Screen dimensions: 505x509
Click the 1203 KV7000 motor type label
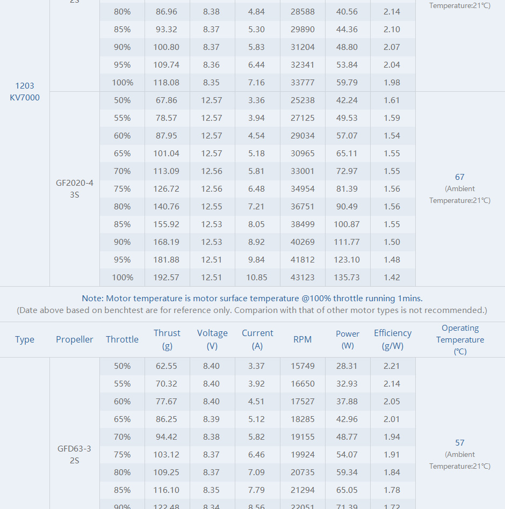click(x=25, y=91)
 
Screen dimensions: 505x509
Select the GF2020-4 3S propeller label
click(x=74, y=188)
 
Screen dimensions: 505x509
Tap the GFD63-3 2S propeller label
click(x=74, y=454)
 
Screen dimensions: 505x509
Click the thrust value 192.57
click(x=167, y=278)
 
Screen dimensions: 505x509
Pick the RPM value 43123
click(x=302, y=278)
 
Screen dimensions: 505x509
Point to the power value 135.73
click(x=347, y=278)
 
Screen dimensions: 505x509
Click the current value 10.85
click(x=257, y=278)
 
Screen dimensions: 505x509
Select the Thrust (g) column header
click(x=167, y=339)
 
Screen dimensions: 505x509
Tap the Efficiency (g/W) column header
click(x=393, y=339)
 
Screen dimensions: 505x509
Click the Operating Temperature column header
click(x=460, y=339)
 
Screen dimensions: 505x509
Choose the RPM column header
click(x=302, y=339)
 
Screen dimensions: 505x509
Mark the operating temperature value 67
click(x=459, y=177)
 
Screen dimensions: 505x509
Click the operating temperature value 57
click(x=459, y=443)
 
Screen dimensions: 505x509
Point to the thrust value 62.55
click(x=167, y=366)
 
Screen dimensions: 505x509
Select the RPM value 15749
click(x=302, y=366)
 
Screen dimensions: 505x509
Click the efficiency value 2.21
click(x=392, y=366)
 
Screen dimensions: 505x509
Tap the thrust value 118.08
click(x=167, y=83)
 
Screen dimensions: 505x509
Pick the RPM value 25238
click(x=302, y=100)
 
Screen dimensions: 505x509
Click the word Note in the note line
click(x=92, y=299)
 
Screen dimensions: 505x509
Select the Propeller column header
click(x=74, y=339)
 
